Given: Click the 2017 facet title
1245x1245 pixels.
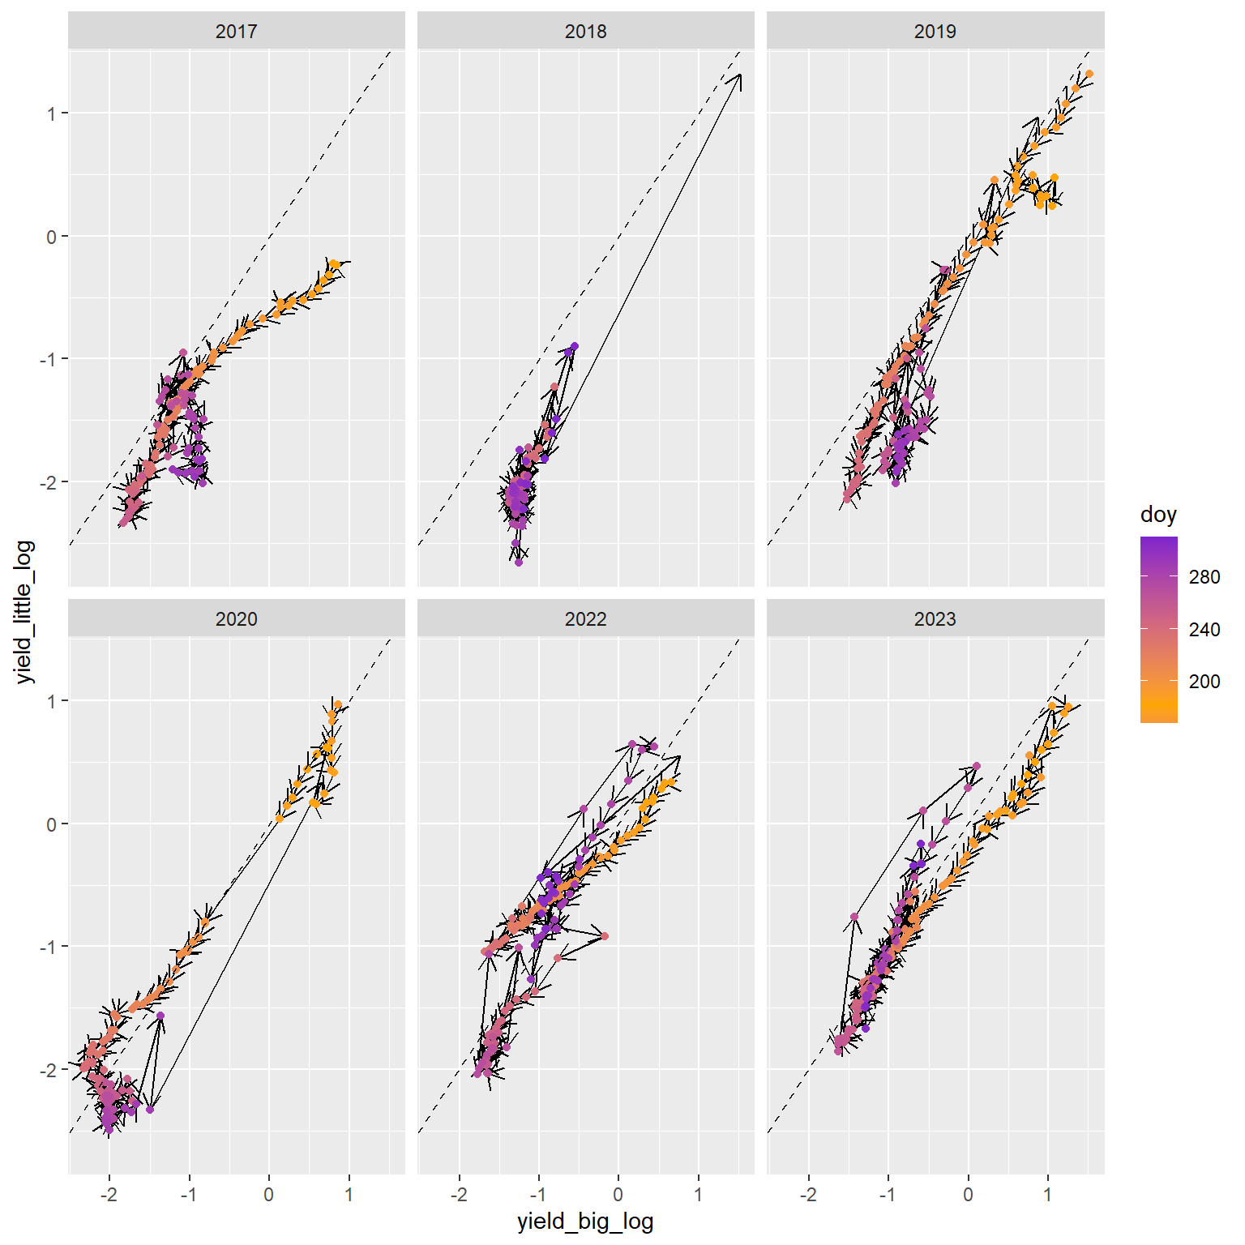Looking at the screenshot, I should [x=236, y=32].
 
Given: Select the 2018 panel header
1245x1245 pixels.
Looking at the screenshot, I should [x=585, y=32].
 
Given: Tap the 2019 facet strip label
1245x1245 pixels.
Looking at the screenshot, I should [x=935, y=32].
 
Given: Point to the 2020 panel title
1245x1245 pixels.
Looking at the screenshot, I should [x=236, y=619].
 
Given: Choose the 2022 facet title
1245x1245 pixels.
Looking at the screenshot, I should [x=585, y=619].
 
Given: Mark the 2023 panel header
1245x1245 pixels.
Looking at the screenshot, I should [x=935, y=619].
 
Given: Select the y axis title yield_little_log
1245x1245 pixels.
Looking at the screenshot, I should [x=25, y=612].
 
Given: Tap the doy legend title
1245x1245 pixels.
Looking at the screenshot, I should [x=1158, y=515].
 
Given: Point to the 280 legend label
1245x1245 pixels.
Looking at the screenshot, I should [x=1204, y=577].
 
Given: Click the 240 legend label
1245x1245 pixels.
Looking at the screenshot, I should [x=1204, y=630].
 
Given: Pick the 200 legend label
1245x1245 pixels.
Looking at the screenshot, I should [x=1204, y=682].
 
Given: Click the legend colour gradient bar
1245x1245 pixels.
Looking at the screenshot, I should [x=1158, y=629].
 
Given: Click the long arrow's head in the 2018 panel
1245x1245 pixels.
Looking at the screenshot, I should [x=739, y=75].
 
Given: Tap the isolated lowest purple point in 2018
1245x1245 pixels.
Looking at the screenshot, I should [x=519, y=562].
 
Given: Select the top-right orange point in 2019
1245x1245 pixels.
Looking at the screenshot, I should [x=1089, y=74].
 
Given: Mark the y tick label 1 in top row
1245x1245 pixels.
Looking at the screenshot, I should [x=52, y=113].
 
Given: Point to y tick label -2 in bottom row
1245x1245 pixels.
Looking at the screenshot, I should [x=49, y=1070].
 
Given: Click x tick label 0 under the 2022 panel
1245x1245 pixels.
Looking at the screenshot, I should [x=618, y=1194].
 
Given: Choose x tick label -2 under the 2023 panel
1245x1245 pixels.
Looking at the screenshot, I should [x=808, y=1194].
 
